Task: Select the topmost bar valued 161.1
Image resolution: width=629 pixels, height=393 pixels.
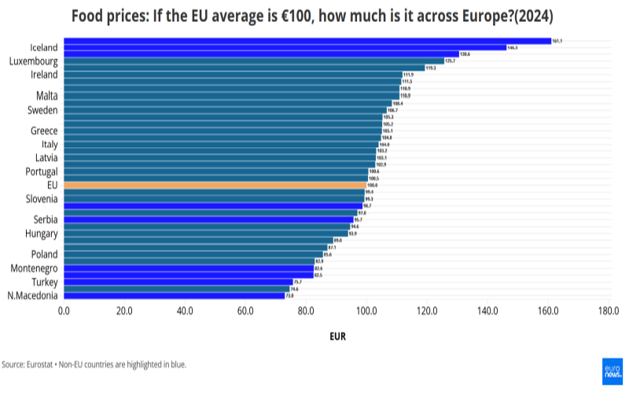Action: pos(307,41)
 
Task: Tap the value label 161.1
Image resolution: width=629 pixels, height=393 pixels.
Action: pos(557,41)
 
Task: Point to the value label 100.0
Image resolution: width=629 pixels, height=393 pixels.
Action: pos(373,185)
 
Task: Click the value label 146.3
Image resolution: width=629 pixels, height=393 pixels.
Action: pos(512,48)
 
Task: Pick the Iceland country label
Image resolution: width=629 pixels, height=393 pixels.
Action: pos(43,48)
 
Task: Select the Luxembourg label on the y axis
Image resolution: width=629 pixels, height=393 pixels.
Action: pos(33,61)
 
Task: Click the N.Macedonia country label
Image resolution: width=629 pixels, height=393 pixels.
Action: pos(32,296)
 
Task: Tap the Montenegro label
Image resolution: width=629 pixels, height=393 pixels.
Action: pos(32,268)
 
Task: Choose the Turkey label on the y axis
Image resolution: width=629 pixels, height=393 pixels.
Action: pos(44,281)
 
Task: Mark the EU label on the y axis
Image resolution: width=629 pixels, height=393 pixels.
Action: pos(52,185)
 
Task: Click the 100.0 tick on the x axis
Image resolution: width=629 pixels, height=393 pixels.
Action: pos(366,311)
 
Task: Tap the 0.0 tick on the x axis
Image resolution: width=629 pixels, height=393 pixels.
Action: pos(64,311)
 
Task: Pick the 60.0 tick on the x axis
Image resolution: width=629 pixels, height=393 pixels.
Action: pos(245,311)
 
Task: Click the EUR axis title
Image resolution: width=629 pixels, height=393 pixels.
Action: pos(337,337)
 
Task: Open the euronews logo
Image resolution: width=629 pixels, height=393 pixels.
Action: pos(612,372)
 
